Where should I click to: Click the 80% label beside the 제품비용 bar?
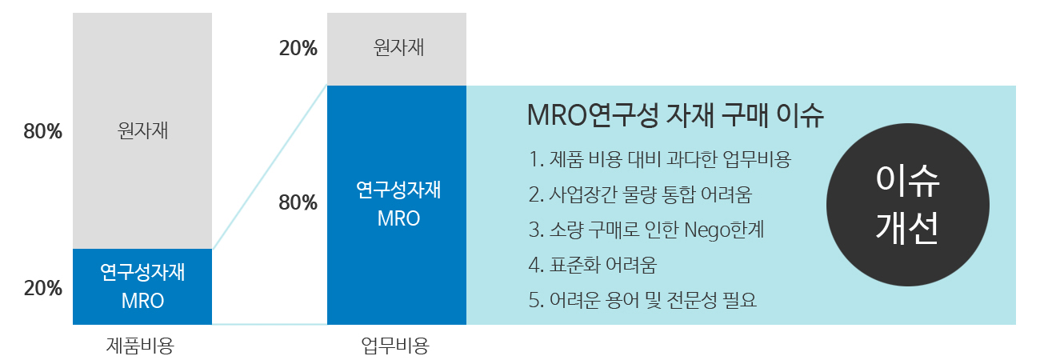click(42, 131)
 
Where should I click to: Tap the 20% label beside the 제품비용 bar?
click(42, 289)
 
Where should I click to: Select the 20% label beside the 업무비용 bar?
click(298, 48)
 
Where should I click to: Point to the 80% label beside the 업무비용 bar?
click(298, 202)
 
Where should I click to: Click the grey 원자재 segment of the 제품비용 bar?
click(142, 130)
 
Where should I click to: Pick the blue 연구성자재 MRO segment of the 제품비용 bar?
click(142, 286)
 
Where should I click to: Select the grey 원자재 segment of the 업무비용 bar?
click(397, 50)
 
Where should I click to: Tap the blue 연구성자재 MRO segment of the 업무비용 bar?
click(397, 205)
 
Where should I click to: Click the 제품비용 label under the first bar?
click(140, 345)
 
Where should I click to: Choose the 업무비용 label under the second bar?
click(395, 345)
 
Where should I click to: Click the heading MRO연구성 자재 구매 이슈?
click(675, 115)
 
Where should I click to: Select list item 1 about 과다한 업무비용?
click(660, 159)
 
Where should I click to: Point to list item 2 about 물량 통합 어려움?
click(640, 194)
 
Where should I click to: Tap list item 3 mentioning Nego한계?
click(646, 230)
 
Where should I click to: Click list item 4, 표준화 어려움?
click(593, 265)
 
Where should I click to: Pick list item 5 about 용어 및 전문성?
click(642, 300)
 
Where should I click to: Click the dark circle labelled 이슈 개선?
click(908, 205)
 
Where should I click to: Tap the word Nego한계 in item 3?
click(724, 230)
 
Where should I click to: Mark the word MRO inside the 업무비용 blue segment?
click(399, 218)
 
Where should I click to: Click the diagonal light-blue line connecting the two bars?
click(270, 167)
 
